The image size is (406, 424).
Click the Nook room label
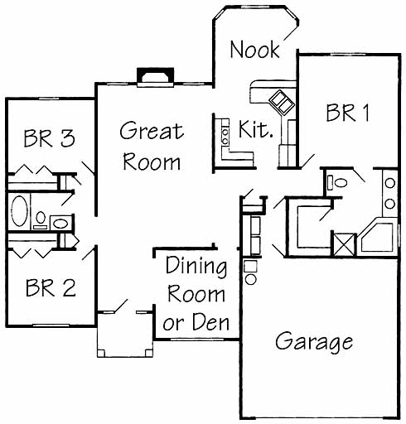point(254,50)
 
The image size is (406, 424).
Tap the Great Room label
point(152,146)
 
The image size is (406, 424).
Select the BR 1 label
point(347,113)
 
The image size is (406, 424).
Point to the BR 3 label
point(49,138)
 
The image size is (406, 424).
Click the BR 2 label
point(51,287)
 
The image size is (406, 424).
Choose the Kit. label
point(255,129)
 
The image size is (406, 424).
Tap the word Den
point(210,322)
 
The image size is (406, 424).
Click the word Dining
point(196,266)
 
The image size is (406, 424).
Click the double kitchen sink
point(282,102)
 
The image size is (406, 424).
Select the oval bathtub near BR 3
point(19,211)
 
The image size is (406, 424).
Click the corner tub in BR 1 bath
point(377,236)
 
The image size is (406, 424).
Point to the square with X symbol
point(344,244)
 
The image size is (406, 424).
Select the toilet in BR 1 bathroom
point(337,182)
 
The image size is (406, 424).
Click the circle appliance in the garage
point(251,279)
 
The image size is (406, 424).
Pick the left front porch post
point(101,353)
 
